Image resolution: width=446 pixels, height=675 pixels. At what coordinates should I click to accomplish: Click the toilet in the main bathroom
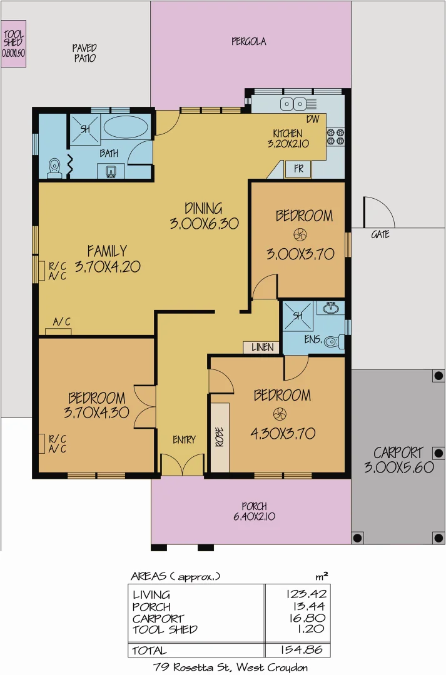(54, 167)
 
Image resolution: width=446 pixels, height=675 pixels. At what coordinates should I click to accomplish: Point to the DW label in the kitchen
(313, 119)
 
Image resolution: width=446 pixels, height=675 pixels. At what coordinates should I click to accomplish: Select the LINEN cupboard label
(261, 347)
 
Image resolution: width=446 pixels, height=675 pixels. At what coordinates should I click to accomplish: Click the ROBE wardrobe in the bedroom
(220, 437)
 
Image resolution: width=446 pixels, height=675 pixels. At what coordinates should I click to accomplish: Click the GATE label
(380, 235)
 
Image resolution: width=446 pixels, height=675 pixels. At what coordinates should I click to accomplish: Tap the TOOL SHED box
(13, 43)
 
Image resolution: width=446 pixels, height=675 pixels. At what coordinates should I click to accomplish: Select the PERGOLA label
(248, 42)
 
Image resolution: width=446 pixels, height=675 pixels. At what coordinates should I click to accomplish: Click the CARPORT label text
(398, 452)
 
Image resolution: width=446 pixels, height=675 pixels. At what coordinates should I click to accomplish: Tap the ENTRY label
(184, 440)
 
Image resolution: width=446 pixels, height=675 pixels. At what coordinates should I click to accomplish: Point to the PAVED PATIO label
(84, 52)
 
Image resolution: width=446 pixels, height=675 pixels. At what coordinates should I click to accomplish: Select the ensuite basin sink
(331, 308)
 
